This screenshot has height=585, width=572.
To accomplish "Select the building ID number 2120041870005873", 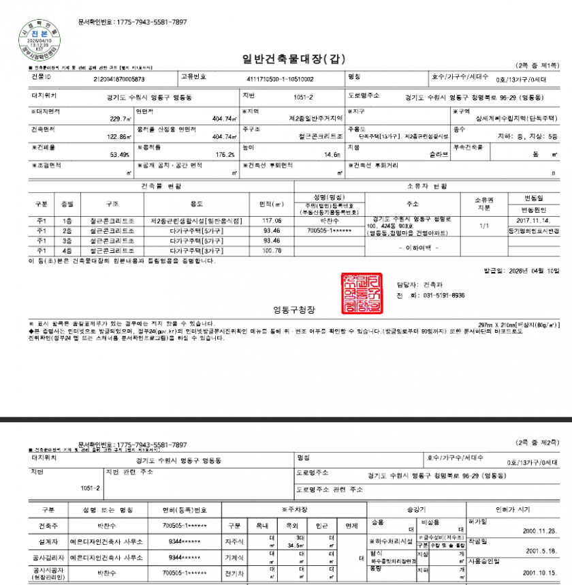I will coord(122,79).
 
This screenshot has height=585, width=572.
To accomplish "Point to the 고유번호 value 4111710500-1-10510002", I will coord(279,79).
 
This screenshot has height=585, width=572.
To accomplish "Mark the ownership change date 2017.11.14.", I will coord(533,221).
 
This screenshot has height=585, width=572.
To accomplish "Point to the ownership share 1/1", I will coord(484,225).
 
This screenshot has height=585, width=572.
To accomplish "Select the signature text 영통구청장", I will coord(293,310).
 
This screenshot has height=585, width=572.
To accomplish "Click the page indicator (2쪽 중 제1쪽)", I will coord(536,65).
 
